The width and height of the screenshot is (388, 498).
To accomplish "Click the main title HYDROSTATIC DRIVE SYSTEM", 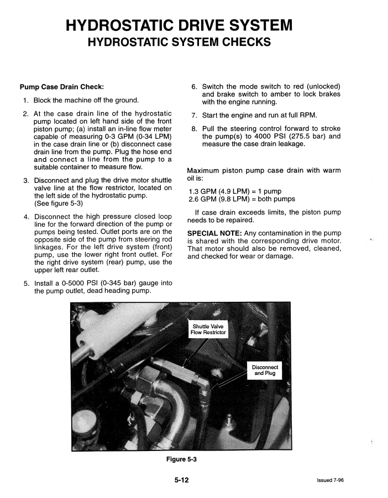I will pyautogui.click(x=179, y=25).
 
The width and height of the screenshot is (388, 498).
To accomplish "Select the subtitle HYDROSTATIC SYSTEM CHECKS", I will pyautogui.click(x=179, y=43).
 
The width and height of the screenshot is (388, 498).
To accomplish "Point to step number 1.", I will pyautogui.click(x=25, y=101).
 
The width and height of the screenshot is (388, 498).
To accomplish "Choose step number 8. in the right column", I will pyautogui.click(x=194, y=129).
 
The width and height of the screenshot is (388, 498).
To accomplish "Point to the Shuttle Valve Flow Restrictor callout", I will pyautogui.click(x=208, y=329).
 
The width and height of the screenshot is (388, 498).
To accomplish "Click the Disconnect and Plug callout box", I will pyautogui.click(x=266, y=370).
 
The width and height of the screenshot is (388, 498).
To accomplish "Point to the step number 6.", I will pyautogui.click(x=194, y=87).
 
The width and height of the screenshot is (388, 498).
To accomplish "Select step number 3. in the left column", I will pyautogui.click(x=26, y=181).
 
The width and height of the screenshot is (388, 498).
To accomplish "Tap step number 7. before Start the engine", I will pyautogui.click(x=194, y=116).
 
